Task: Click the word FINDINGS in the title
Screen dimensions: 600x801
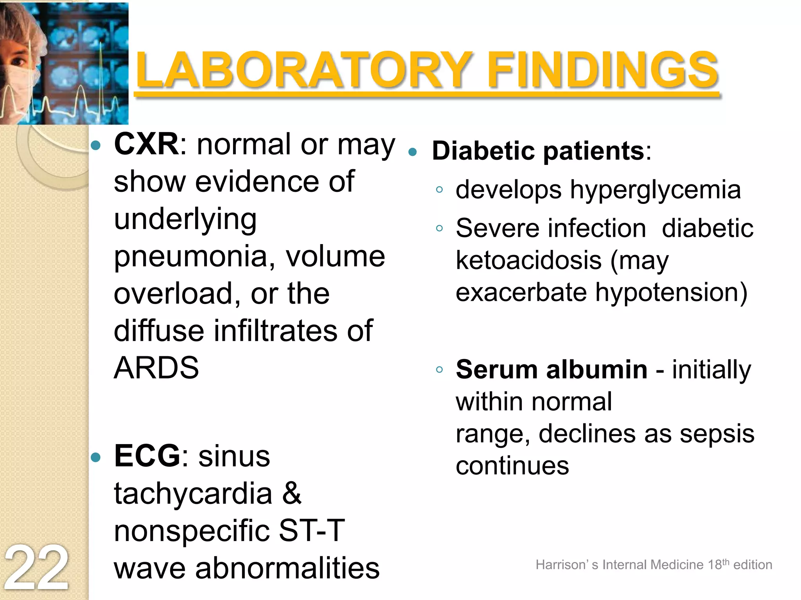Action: click(602, 70)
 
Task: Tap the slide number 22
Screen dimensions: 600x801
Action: click(36, 568)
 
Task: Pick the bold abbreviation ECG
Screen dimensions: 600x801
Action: click(147, 456)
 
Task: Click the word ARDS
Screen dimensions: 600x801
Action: click(156, 368)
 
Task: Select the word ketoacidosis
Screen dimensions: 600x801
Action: click(529, 261)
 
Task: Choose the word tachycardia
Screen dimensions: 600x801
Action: click(193, 493)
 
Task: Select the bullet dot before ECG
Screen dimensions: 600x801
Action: click(95, 457)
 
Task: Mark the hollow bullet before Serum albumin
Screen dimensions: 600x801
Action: click(439, 370)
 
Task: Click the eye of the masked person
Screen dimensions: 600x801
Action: click(18, 62)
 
